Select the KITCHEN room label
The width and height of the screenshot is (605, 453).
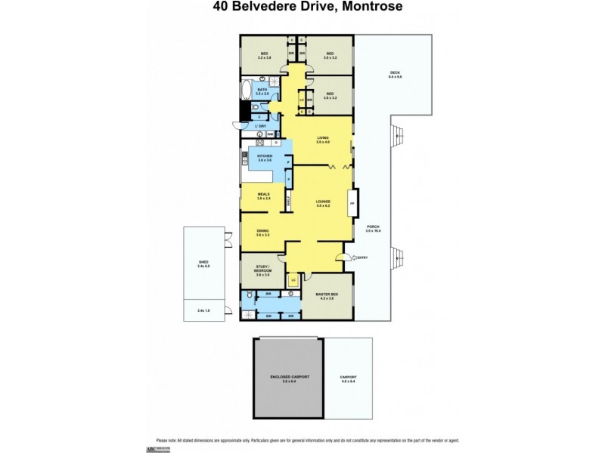tap(264, 157)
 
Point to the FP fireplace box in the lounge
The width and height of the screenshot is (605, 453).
tap(351, 203)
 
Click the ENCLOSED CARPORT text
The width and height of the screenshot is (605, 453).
tap(290, 377)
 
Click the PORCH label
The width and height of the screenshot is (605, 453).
tap(372, 228)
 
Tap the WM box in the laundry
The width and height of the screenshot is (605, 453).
tap(270, 134)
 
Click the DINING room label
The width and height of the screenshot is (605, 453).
tap(262, 231)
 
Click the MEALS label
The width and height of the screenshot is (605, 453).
tap(263, 195)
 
